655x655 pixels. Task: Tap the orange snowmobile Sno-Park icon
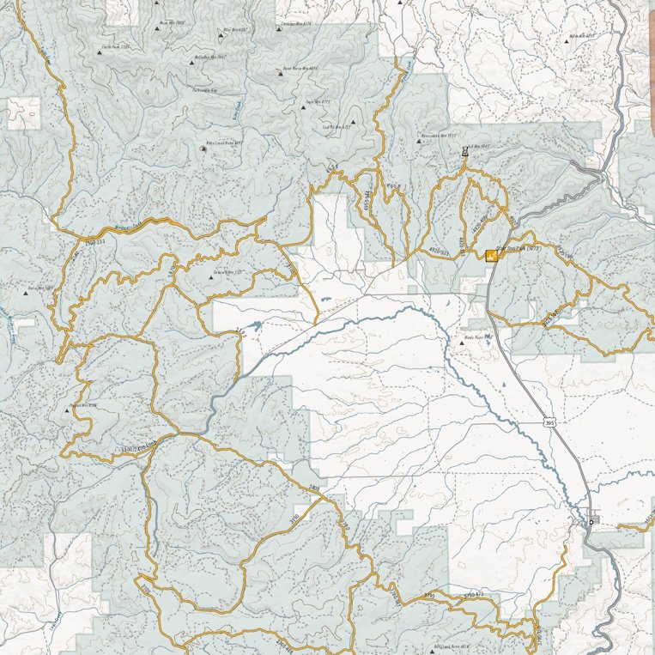click(x=491, y=255)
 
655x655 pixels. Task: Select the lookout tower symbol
click(x=464, y=152)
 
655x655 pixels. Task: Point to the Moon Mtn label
click(x=172, y=23)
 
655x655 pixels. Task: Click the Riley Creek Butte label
click(x=225, y=143)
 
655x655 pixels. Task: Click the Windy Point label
click(x=476, y=338)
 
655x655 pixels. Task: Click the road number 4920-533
click(x=440, y=251)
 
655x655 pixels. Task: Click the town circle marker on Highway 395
click(x=591, y=521)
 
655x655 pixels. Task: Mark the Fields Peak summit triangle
click(x=100, y=52)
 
